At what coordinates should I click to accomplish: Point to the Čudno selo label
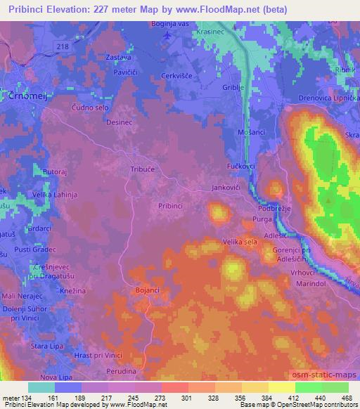91,107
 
